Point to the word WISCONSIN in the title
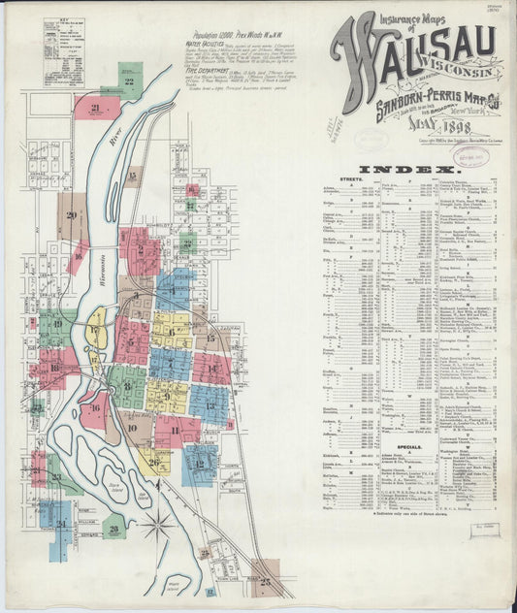click(x=456, y=71)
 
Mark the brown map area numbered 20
click(x=72, y=215)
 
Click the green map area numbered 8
click(x=126, y=386)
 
